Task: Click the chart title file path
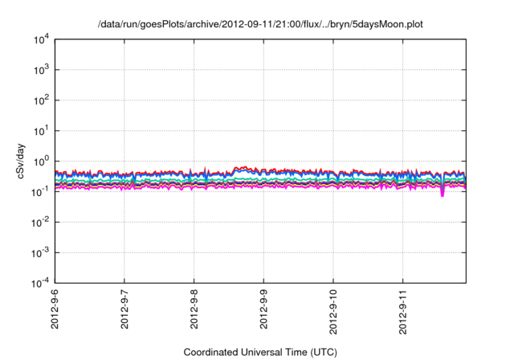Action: click(259, 25)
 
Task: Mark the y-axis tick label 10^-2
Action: click(40, 223)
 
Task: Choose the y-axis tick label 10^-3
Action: click(40, 252)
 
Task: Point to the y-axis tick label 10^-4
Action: click(40, 283)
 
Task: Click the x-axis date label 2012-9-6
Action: click(55, 309)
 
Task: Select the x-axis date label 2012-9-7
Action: click(124, 309)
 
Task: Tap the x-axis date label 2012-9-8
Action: click(194, 309)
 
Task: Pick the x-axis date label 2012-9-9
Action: click(264, 309)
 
